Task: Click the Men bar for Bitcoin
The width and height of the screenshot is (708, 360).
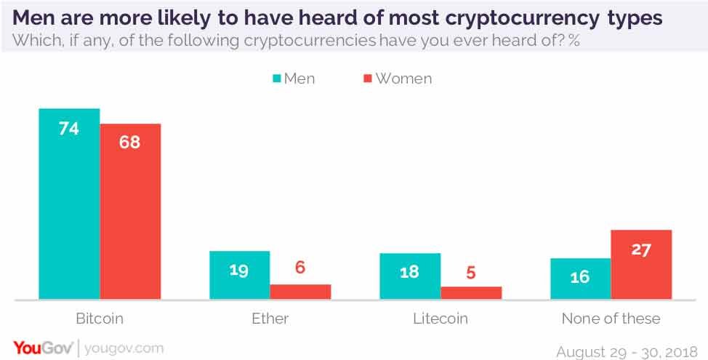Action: [69, 204]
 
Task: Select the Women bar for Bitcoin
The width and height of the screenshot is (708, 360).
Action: [130, 211]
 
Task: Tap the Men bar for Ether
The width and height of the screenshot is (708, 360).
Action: [239, 275]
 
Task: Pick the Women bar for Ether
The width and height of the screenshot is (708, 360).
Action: [300, 292]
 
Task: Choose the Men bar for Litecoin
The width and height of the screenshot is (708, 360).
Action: [410, 276]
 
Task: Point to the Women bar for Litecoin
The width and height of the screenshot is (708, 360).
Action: [471, 292]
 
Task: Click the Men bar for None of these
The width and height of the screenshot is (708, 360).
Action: [580, 279]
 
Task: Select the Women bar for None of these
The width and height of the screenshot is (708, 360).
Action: [641, 265]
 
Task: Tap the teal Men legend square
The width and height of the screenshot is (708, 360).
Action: [277, 79]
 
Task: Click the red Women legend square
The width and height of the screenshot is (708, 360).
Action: [367, 79]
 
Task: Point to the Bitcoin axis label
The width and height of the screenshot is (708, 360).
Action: [100, 319]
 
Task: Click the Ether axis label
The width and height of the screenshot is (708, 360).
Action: [270, 319]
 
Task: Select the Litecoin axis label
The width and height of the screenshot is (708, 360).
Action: [441, 319]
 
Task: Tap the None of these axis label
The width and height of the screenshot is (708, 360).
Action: [611, 319]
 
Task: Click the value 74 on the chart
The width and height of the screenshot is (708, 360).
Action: [69, 129]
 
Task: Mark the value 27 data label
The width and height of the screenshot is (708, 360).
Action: [641, 249]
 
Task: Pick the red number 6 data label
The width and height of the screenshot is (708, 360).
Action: [300, 268]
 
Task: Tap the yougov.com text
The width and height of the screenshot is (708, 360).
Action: [124, 348]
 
